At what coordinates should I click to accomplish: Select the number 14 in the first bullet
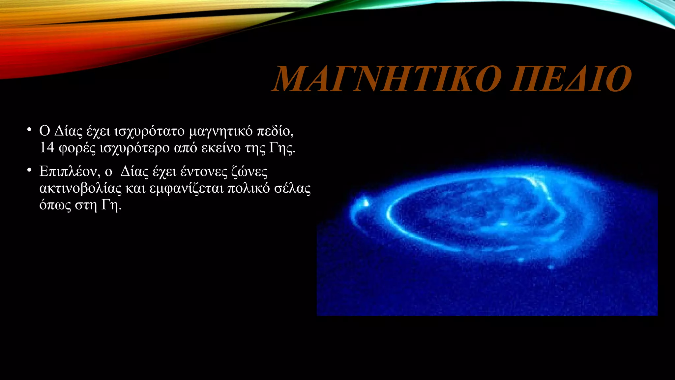[47, 147]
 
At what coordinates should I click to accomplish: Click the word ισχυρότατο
[149, 131]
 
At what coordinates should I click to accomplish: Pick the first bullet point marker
[29, 130]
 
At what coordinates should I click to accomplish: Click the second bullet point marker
[29, 170]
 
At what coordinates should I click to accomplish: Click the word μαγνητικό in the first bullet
[221, 131]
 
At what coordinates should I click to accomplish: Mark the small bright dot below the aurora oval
[551, 267]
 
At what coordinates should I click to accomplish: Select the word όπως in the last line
[55, 205]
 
